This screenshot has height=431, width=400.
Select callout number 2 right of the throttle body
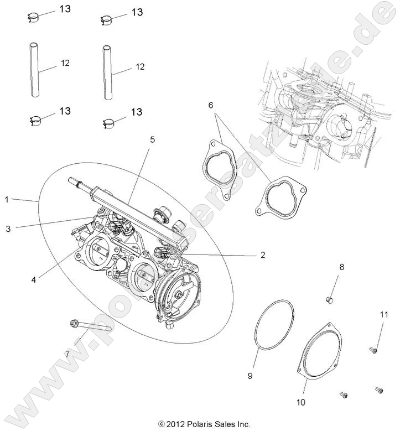coord(262,255)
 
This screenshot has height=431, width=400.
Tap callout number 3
coord(7,227)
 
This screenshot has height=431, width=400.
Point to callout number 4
coord(34,280)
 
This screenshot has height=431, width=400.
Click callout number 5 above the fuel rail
coord(152,140)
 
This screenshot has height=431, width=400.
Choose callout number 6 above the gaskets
coord(211,105)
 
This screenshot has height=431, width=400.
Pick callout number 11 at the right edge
coord(383,315)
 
